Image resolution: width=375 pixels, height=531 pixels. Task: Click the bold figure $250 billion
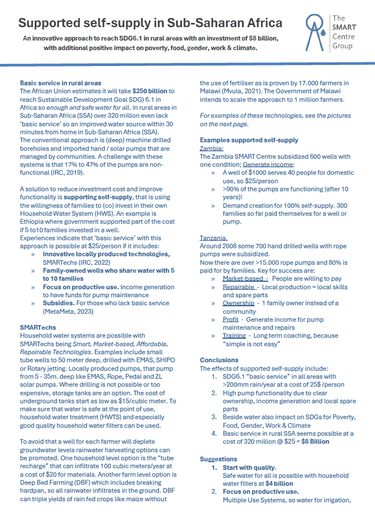pyautogui.click(x=150, y=91)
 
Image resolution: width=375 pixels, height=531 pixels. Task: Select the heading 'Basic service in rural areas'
pyautogui.click(x=60, y=83)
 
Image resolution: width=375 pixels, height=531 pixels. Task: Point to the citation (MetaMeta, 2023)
pyautogui.click(x=68, y=312)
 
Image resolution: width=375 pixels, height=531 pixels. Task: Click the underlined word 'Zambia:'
pyautogui.click(x=211, y=149)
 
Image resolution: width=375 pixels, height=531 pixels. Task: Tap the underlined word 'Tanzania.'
pyautogui.click(x=213, y=238)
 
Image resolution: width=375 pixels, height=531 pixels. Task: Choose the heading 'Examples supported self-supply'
pyautogui.click(x=249, y=141)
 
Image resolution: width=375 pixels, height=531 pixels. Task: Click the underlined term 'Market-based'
pyautogui.click(x=245, y=279)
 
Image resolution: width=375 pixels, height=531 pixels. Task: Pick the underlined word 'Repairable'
pyautogui.click(x=239, y=287)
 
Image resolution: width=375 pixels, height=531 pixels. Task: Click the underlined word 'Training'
pyautogui.click(x=234, y=336)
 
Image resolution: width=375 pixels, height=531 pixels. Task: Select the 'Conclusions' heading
pyautogui.click(x=219, y=361)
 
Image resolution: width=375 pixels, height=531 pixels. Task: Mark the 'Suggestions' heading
pyautogui.click(x=218, y=459)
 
